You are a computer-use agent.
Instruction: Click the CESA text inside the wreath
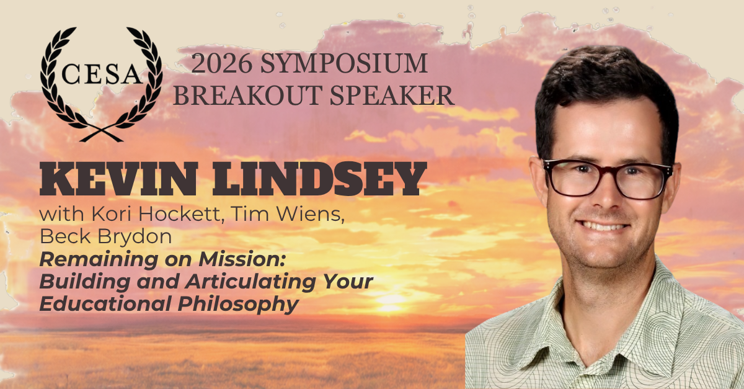point(101,74)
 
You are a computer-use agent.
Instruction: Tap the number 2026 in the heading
point(221,63)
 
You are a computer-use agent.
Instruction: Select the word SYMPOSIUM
point(343,63)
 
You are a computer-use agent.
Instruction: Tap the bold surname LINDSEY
point(319,179)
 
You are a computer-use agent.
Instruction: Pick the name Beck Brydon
point(105,236)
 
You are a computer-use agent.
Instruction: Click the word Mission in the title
point(242,259)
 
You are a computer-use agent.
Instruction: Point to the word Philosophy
point(238,304)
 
